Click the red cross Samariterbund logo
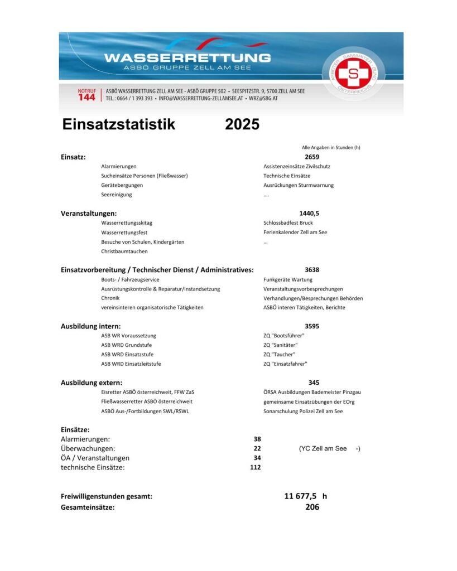click(353, 74)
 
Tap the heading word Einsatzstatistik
click(119, 124)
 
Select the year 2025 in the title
click(242, 124)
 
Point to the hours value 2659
click(312, 157)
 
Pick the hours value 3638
click(312, 270)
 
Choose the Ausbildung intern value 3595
click(312, 326)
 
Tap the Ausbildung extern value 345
click(314, 383)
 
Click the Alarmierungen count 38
click(257, 439)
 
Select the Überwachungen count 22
click(257, 448)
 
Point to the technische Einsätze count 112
click(256, 467)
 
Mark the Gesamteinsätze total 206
click(312, 507)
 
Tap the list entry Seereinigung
click(117, 195)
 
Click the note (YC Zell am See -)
click(329, 448)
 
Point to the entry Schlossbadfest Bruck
click(288, 222)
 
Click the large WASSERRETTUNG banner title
click(187, 57)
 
